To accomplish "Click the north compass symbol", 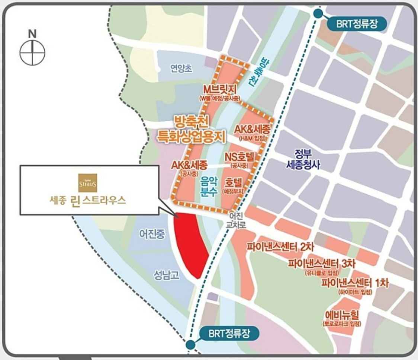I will [x=32, y=52].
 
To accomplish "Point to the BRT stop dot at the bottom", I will [x=191, y=345].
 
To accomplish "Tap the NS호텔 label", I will [x=239, y=156].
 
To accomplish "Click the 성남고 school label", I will [x=167, y=275].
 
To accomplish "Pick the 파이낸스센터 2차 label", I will [x=277, y=246].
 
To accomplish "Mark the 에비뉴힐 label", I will [x=341, y=315].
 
